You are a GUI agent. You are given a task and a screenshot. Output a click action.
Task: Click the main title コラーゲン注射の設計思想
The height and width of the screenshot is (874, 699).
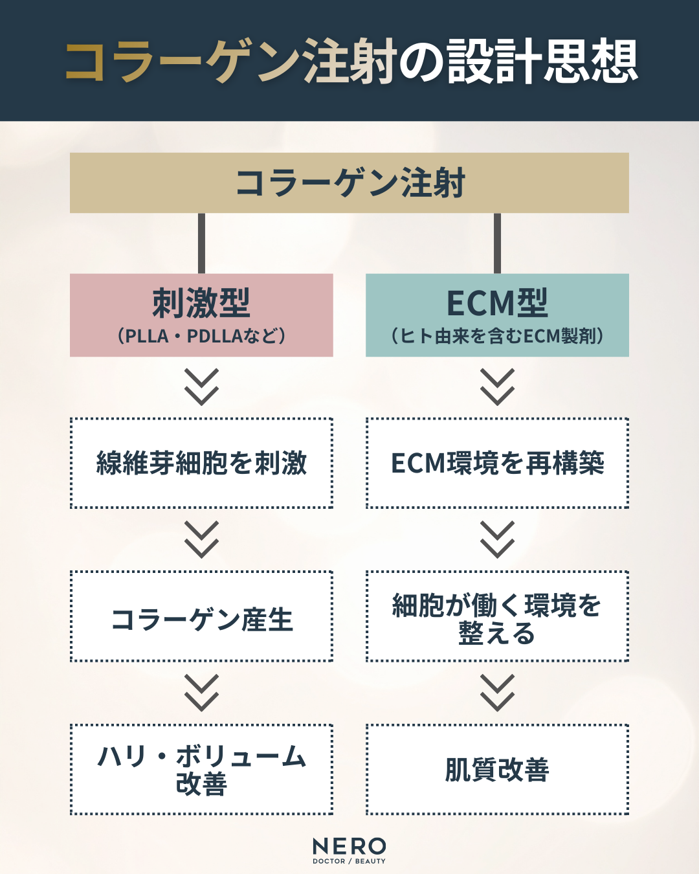click(x=349, y=62)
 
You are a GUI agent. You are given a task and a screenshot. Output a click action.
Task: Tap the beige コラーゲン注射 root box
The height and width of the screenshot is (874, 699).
click(x=349, y=183)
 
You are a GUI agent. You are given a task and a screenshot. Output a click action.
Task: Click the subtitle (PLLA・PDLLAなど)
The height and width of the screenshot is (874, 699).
click(x=201, y=337)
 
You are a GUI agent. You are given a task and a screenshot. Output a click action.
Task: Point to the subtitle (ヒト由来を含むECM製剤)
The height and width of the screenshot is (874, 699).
click(x=497, y=336)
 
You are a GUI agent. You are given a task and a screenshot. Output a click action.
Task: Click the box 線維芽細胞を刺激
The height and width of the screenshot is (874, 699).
click(x=201, y=463)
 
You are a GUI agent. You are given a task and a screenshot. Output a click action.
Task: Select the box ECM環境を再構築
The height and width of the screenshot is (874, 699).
click(x=497, y=463)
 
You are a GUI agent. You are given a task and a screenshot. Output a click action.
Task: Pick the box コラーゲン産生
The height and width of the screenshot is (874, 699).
click(x=201, y=616)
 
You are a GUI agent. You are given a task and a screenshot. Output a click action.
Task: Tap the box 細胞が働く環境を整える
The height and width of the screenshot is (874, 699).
click(x=497, y=616)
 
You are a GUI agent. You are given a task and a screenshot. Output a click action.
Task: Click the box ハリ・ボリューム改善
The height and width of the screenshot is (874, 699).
click(x=201, y=769)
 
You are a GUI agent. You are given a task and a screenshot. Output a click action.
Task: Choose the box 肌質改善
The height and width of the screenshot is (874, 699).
click(x=497, y=769)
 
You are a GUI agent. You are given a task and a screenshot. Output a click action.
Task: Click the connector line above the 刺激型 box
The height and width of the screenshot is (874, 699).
click(x=201, y=243)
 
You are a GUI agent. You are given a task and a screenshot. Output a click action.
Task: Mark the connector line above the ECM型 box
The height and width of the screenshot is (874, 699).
click(x=497, y=243)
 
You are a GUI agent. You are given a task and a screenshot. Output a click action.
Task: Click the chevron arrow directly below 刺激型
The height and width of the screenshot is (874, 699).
click(x=201, y=387)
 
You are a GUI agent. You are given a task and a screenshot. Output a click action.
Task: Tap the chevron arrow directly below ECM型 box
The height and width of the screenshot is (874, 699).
click(x=497, y=387)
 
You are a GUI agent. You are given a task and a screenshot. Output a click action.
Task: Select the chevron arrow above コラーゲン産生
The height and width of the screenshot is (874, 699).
click(x=201, y=540)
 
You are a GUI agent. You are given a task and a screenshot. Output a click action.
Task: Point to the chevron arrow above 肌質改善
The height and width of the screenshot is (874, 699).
click(x=497, y=693)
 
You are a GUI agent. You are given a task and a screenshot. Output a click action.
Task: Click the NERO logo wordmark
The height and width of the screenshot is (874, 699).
click(x=349, y=846)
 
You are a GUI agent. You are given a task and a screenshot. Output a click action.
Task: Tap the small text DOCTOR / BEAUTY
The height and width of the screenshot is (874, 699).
click(x=349, y=862)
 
